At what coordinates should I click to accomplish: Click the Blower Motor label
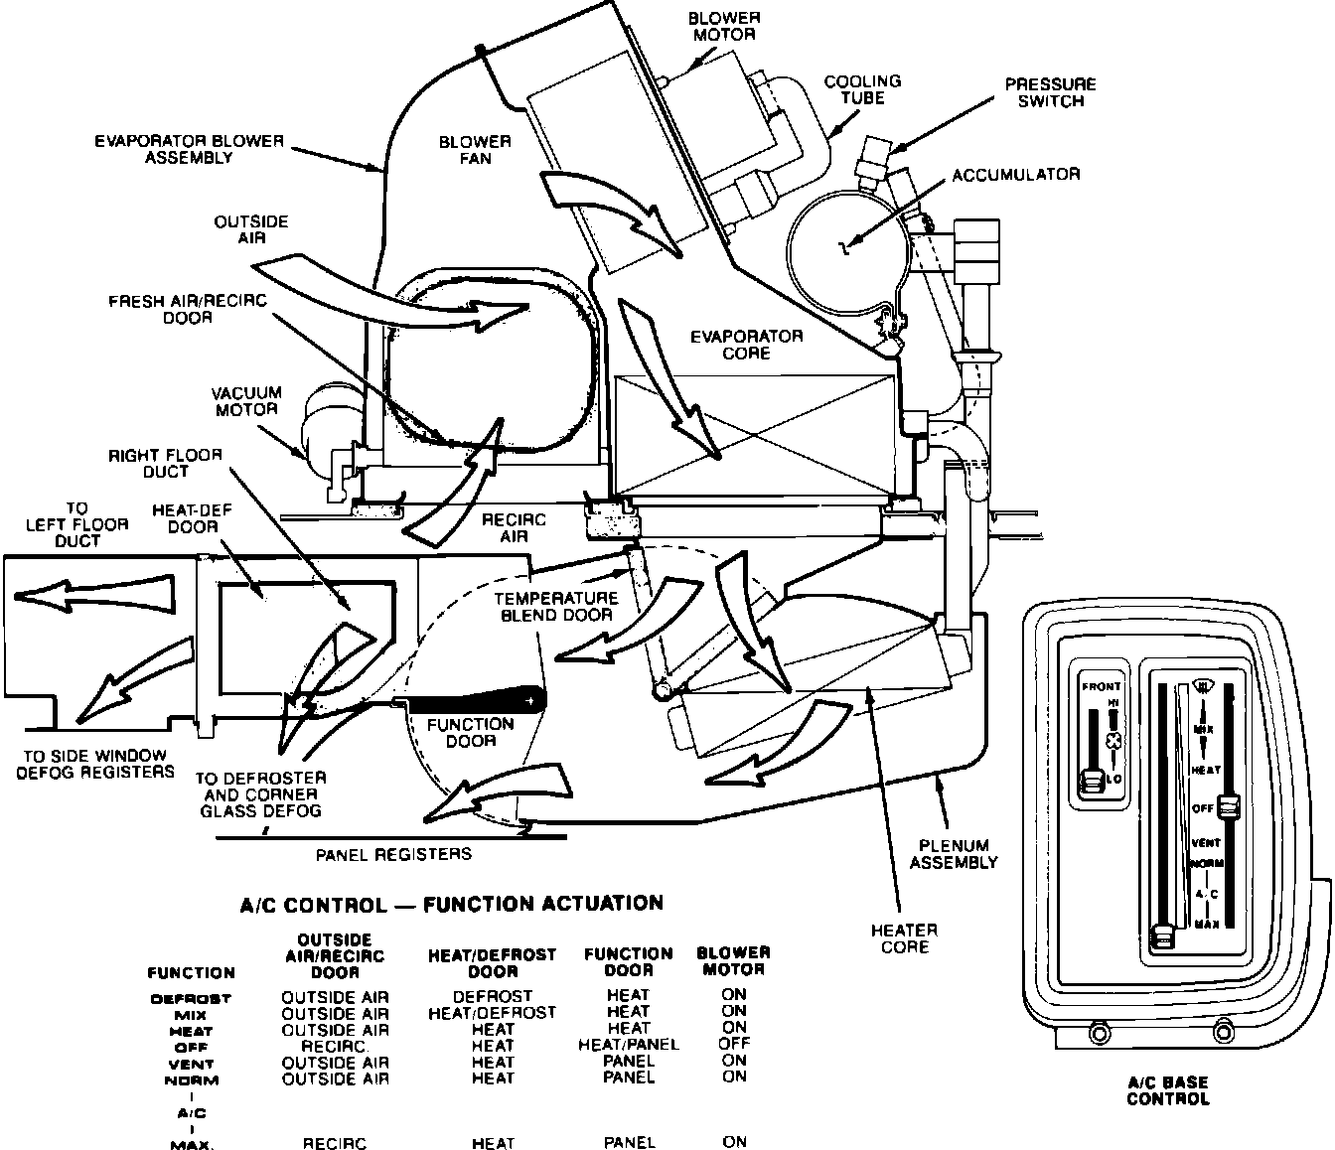pyautogui.click(x=723, y=26)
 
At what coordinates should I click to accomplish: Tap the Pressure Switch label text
pyautogui.click(x=1050, y=92)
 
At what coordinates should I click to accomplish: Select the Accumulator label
pyautogui.click(x=1015, y=175)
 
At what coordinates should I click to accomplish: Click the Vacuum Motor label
pyautogui.click(x=246, y=401)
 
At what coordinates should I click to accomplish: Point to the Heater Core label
pyautogui.click(x=904, y=938)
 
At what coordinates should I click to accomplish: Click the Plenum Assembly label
pyautogui.click(x=954, y=854)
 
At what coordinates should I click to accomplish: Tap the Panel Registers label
pyautogui.click(x=393, y=854)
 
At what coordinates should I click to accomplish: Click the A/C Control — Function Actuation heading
pyautogui.click(x=452, y=905)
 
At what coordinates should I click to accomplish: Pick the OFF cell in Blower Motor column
pyautogui.click(x=734, y=1044)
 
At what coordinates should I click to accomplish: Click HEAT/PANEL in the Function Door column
pyautogui.click(x=628, y=1045)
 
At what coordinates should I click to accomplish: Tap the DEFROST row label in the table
pyautogui.click(x=190, y=999)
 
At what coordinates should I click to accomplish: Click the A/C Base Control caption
pyautogui.click(x=1168, y=1091)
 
